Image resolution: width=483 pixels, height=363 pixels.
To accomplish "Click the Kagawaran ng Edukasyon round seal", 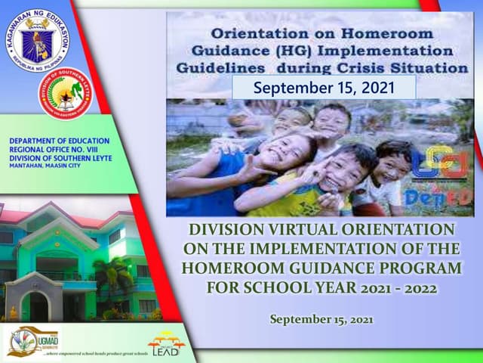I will (37, 40).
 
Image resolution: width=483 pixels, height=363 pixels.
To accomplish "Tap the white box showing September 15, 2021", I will (324, 88).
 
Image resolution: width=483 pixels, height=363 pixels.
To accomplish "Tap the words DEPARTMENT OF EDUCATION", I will (60, 141).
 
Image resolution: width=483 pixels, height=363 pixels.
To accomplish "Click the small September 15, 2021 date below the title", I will (321, 319).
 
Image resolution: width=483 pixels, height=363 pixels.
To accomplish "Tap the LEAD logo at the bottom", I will (165, 344).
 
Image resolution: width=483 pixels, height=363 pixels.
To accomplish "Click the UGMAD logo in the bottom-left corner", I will (32, 340).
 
